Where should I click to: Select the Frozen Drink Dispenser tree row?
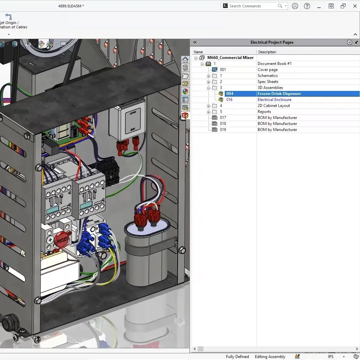(279, 94)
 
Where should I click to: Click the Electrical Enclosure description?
(274, 100)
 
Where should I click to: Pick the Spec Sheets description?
(268, 82)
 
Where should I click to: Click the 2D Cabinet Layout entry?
(274, 106)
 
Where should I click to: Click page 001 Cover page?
(267, 70)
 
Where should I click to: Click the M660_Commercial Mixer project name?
(230, 58)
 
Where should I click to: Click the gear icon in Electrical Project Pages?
(349, 42)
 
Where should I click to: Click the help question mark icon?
(307, 6)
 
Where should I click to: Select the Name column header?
(198, 52)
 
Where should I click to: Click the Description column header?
(267, 52)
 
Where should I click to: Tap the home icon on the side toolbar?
(185, 60)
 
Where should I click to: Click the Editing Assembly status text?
(270, 357)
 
